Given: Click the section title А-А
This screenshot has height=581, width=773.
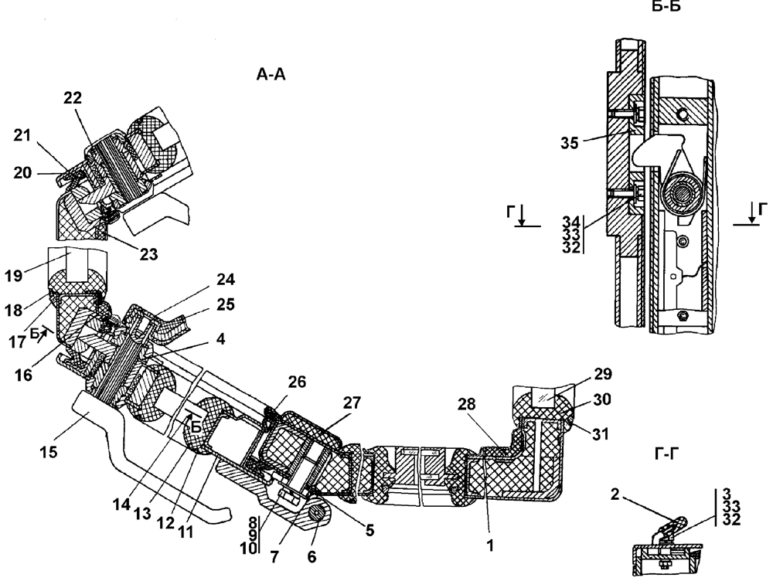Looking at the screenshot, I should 271,75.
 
